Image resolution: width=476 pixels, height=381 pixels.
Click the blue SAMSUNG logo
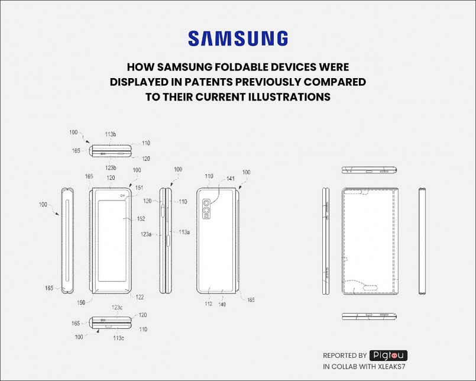[x=238, y=39]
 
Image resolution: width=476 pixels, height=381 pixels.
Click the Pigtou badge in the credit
[x=388, y=356]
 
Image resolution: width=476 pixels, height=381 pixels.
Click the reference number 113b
[x=111, y=134]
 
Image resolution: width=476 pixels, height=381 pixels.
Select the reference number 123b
[x=111, y=167]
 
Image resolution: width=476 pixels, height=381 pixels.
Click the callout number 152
[x=141, y=218]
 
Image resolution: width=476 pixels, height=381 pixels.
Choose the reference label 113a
[x=184, y=232]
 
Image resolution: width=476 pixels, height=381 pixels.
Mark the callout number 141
[x=229, y=179]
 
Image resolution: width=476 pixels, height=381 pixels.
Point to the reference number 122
[x=140, y=297]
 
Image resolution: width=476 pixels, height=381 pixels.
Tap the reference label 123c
[x=117, y=307]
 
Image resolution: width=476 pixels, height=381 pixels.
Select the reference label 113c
[x=118, y=338]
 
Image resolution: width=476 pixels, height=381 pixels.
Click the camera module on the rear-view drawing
[x=207, y=209]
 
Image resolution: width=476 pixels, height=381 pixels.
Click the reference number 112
[x=208, y=305]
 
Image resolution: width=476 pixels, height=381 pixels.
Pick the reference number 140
[x=223, y=305]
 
